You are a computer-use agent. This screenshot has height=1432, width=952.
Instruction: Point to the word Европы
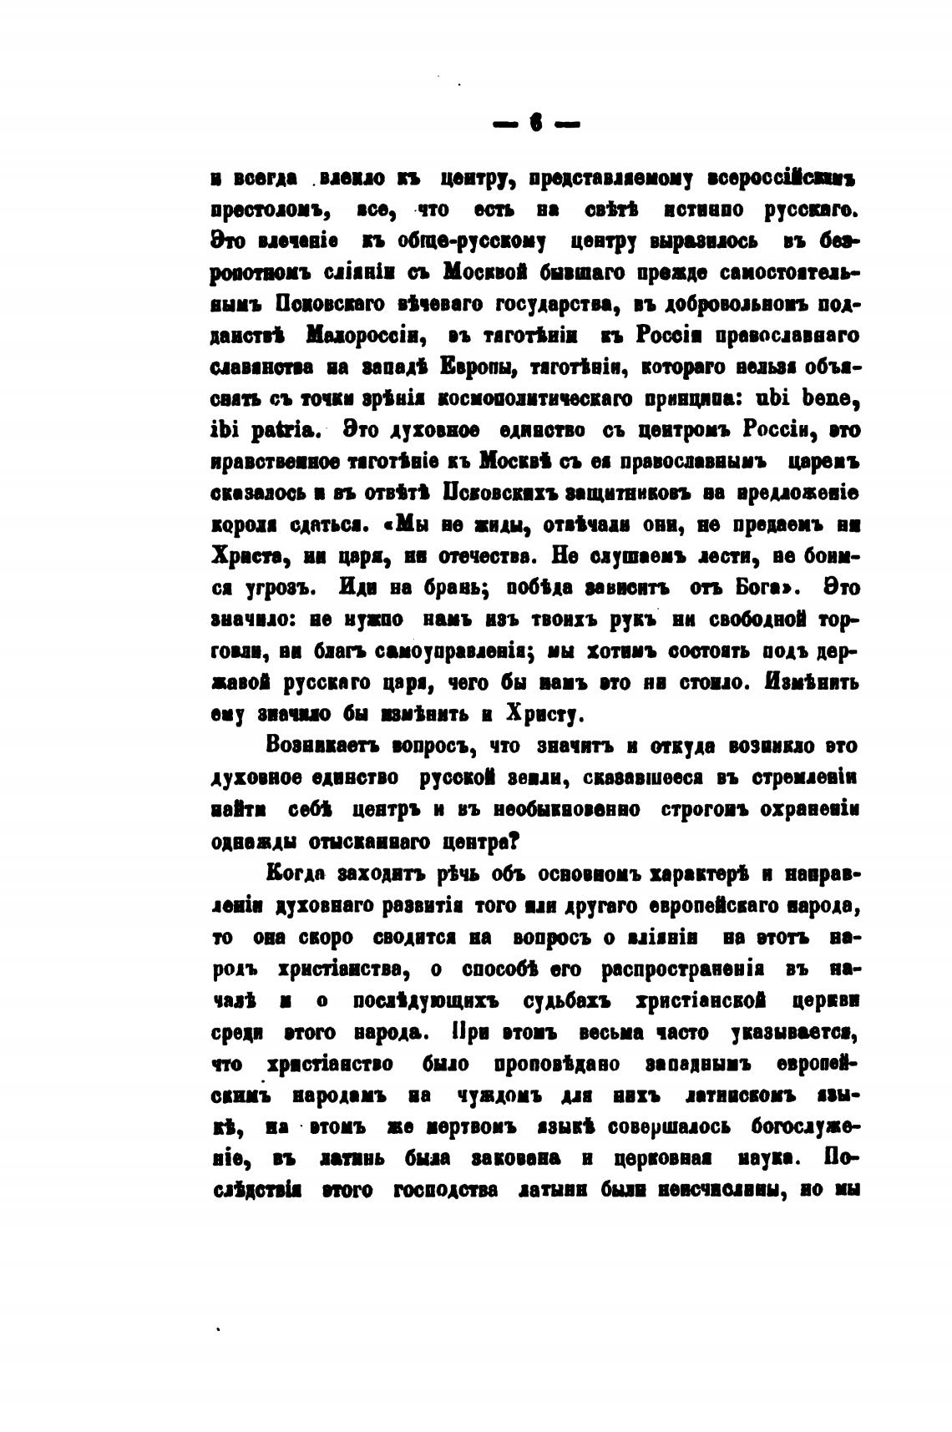(x=484, y=367)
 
